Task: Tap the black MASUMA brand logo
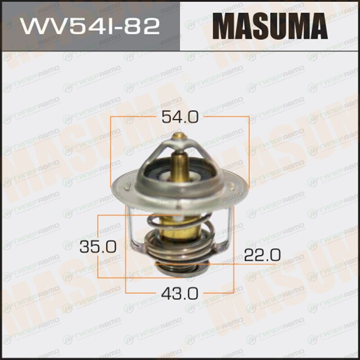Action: click(270, 26)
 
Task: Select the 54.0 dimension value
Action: click(180, 117)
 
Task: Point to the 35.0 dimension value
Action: click(98, 247)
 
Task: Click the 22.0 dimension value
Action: click(262, 255)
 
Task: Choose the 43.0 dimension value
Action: click(180, 293)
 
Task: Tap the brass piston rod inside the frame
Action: click(180, 166)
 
